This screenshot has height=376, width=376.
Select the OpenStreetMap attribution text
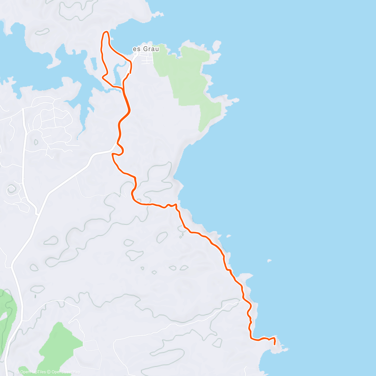(65, 372)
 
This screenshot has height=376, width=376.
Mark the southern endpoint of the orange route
(274, 344)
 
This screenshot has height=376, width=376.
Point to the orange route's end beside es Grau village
(130, 73)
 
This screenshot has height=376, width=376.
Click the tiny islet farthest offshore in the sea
(269, 260)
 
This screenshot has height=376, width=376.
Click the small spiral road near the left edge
(12, 189)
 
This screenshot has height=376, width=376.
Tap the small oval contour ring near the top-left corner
(42, 32)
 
